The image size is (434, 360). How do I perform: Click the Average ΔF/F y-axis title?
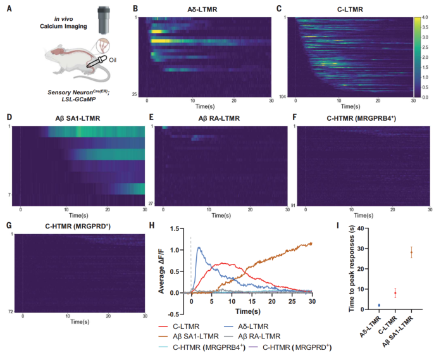(163, 263)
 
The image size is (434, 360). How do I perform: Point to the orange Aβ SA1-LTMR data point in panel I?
(411, 252)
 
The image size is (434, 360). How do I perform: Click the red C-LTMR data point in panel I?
(395, 292)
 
